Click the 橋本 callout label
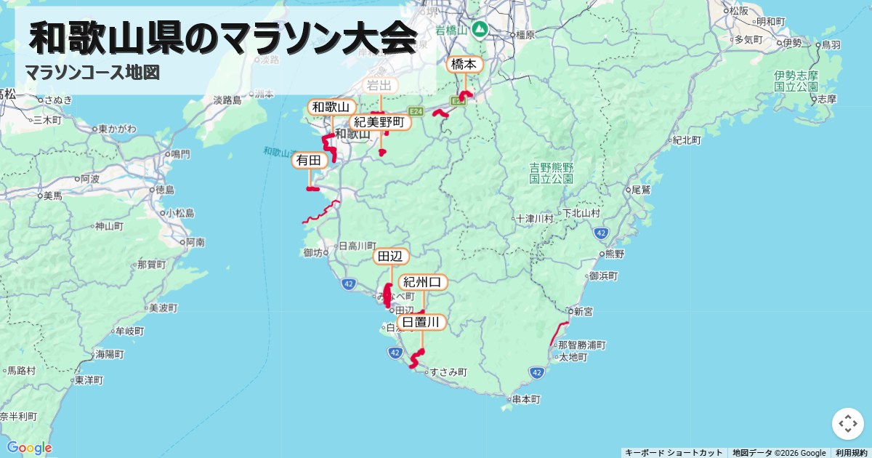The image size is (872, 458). pos(464,65)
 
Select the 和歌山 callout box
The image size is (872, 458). pos(331,108)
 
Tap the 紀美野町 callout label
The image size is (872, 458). pos(380,122)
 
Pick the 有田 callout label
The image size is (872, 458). pos(309,160)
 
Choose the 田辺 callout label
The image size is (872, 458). pos(391,257)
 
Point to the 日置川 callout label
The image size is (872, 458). pos(421,322)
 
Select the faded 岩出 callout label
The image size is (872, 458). pos(380,86)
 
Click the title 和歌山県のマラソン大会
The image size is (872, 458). pos(222,38)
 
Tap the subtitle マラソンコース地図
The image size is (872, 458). pos(92,73)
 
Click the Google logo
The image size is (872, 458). pos(29,447)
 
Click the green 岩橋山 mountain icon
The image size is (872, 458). pos(480,30)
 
